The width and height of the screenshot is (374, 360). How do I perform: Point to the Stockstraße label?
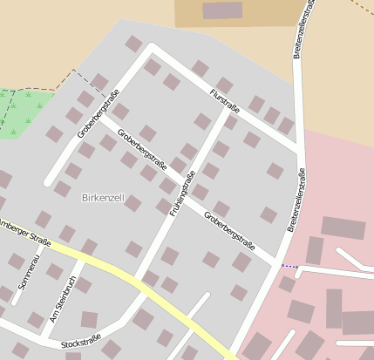point(81,341)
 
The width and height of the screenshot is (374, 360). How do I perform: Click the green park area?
point(19,113)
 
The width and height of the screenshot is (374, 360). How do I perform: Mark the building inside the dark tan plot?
point(222,10)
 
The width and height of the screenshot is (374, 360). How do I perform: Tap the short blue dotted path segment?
point(289,266)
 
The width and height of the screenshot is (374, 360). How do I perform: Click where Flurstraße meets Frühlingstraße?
point(229,112)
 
